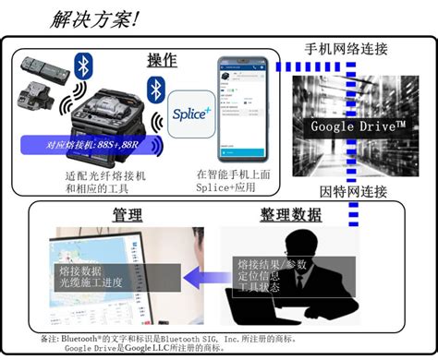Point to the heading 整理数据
point(289,216)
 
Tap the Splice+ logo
point(191,115)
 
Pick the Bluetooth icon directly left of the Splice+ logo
point(153,90)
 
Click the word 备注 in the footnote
point(51,337)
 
